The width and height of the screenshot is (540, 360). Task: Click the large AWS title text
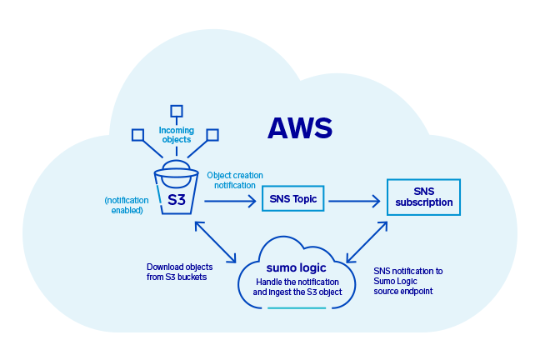(x=299, y=127)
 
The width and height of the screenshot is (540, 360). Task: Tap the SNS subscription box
(x=422, y=197)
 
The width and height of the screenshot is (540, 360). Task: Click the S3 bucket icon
(x=176, y=190)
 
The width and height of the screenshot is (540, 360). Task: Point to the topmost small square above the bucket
(x=176, y=111)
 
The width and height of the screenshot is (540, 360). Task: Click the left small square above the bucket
(x=138, y=134)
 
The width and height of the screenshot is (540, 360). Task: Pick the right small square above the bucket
(x=212, y=134)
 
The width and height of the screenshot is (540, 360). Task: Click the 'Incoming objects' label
(x=176, y=134)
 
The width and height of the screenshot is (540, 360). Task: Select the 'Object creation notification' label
(x=234, y=180)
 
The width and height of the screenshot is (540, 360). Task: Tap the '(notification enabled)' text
(x=123, y=205)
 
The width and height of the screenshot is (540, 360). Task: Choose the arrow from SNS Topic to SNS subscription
(x=355, y=200)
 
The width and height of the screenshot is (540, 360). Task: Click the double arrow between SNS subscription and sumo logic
(x=367, y=241)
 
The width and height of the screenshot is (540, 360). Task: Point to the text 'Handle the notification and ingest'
(x=297, y=287)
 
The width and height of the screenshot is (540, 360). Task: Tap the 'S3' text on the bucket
(x=176, y=200)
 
